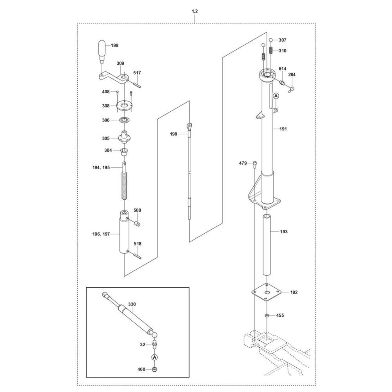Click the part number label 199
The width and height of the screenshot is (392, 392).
point(114,46)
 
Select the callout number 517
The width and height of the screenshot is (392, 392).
point(137,73)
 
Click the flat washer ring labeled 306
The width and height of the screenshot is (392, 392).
point(125,120)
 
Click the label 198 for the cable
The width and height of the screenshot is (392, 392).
point(174,134)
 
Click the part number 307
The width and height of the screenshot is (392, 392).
point(283,40)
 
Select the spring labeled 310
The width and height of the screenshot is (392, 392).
point(270,51)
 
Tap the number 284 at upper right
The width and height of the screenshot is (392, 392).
point(292,74)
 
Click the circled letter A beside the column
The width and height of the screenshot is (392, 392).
point(276,96)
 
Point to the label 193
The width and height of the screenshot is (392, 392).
point(284,232)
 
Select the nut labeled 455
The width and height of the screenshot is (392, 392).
point(267,315)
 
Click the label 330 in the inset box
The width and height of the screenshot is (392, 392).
point(132,304)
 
